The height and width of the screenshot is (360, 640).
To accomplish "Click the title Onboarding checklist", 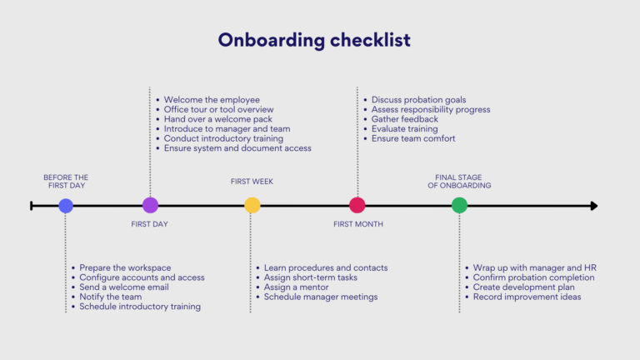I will (x=314, y=40).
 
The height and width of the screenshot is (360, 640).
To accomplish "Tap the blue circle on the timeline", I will (x=66, y=205).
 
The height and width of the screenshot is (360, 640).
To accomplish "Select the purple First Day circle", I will (x=150, y=205).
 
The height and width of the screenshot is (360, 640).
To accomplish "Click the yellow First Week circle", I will (x=252, y=205).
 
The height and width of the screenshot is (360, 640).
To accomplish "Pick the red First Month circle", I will (x=357, y=205).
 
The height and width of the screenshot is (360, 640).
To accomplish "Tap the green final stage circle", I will (x=459, y=205).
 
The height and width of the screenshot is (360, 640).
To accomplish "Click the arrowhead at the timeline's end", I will (x=593, y=205).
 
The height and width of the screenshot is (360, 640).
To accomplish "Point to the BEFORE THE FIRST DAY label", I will (x=66, y=181).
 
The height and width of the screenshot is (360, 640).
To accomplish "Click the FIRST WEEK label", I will (x=252, y=182).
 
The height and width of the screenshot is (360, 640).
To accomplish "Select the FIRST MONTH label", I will (x=358, y=224).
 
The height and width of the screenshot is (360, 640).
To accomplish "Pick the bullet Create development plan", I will (x=523, y=287).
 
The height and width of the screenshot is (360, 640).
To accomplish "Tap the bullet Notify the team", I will (x=110, y=297).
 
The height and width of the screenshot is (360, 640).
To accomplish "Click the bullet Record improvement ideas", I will (x=527, y=297).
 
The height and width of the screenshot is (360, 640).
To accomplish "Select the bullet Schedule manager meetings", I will (x=320, y=297).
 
